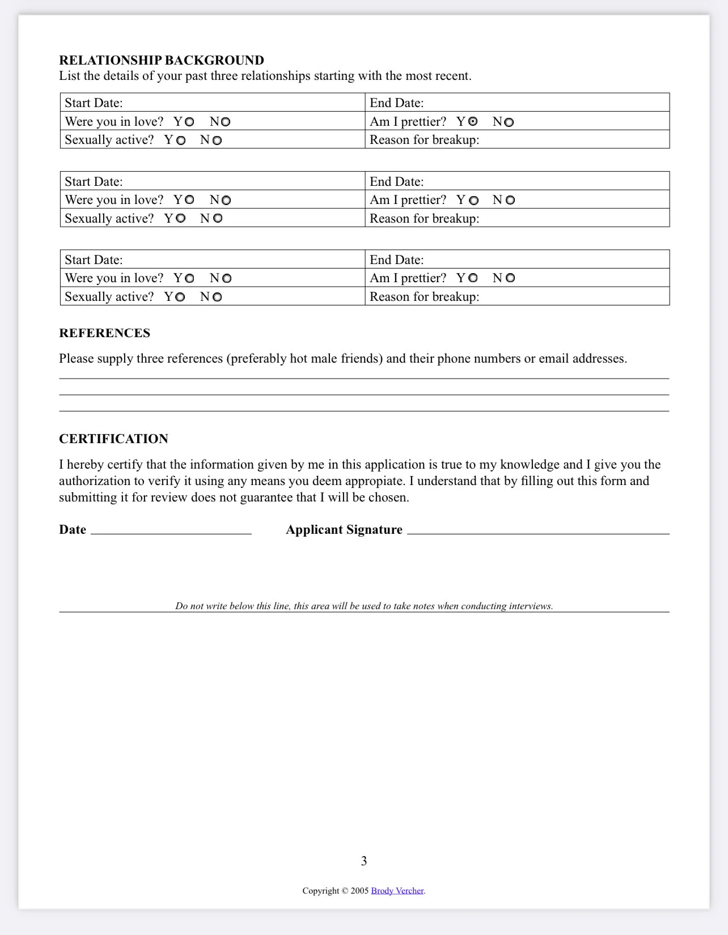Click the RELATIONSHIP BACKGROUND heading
tap(162, 60)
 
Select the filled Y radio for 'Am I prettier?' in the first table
tap(473, 121)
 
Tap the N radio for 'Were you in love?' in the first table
tap(226, 122)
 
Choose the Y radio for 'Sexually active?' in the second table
tap(181, 218)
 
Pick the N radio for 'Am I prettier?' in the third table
tap(510, 278)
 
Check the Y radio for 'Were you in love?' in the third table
tap(189, 278)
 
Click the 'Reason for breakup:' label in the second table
tap(424, 218)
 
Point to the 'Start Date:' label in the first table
tap(94, 103)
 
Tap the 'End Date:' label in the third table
tap(396, 260)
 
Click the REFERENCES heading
tap(104, 333)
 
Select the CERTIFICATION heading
tap(113, 439)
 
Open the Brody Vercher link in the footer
tap(397, 890)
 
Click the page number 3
tap(364, 861)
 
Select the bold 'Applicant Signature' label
tap(344, 529)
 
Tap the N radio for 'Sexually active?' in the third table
tap(217, 297)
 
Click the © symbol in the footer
tap(344, 890)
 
